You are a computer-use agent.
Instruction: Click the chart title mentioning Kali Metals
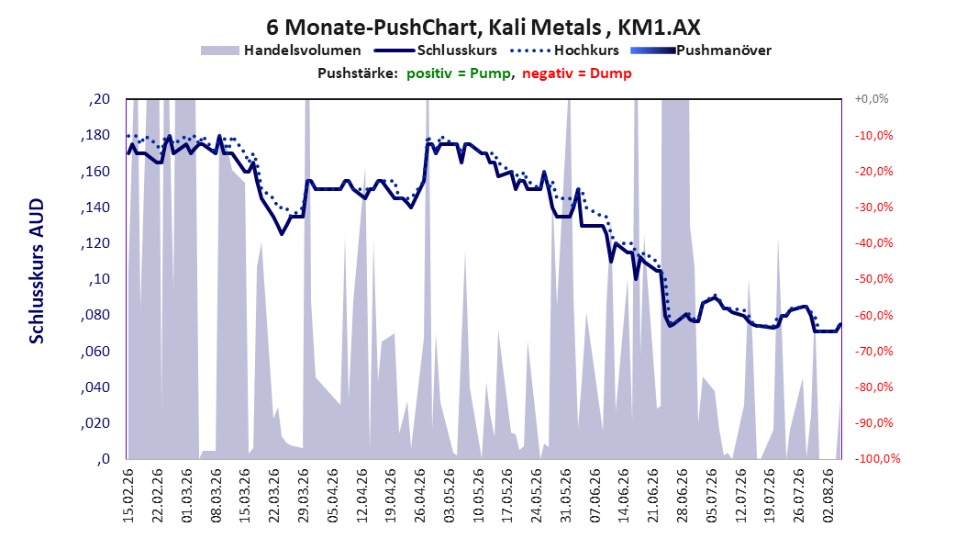tap(483, 28)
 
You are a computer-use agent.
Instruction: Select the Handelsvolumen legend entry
tap(282, 50)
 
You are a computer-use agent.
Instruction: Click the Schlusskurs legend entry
tap(436, 50)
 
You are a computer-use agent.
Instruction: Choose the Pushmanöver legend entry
tap(701, 50)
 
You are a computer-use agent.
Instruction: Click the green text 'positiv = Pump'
tap(458, 73)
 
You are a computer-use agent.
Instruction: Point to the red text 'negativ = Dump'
tap(577, 73)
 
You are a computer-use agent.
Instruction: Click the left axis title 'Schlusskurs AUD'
tap(37, 272)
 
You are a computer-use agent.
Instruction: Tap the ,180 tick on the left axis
tap(95, 136)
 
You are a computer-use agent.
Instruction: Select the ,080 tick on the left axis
tap(95, 315)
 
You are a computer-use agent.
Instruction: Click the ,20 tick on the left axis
tap(99, 99)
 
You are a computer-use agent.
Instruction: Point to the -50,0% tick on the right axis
tap(873, 279)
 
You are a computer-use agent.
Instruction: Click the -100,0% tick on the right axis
tap(877, 458)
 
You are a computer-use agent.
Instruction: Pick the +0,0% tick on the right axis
tap(872, 99)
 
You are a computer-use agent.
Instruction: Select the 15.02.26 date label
tap(128, 496)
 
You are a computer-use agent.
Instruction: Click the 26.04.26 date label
tap(420, 496)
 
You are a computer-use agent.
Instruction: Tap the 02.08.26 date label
tap(828, 496)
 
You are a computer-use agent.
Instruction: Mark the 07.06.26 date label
tap(595, 496)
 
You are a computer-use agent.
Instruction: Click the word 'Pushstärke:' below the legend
tap(358, 73)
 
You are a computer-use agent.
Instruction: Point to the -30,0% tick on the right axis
tap(873, 207)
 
